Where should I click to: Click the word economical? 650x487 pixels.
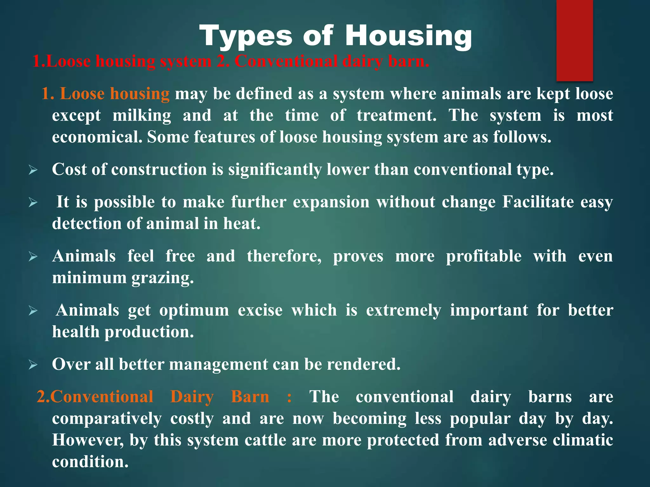[97, 137]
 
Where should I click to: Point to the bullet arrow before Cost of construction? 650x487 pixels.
[33, 170]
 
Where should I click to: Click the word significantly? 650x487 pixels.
[275, 170]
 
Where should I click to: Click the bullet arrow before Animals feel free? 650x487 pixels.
[33, 256]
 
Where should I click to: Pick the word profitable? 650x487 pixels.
[483, 256]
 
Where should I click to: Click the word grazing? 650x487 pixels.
[162, 278]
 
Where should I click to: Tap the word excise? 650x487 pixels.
[260, 310]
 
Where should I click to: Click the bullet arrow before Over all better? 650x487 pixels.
[33, 365]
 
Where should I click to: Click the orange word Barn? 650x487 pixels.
[250, 397]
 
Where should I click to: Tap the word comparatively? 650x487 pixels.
[107, 419]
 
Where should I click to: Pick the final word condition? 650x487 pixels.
[90, 462]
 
